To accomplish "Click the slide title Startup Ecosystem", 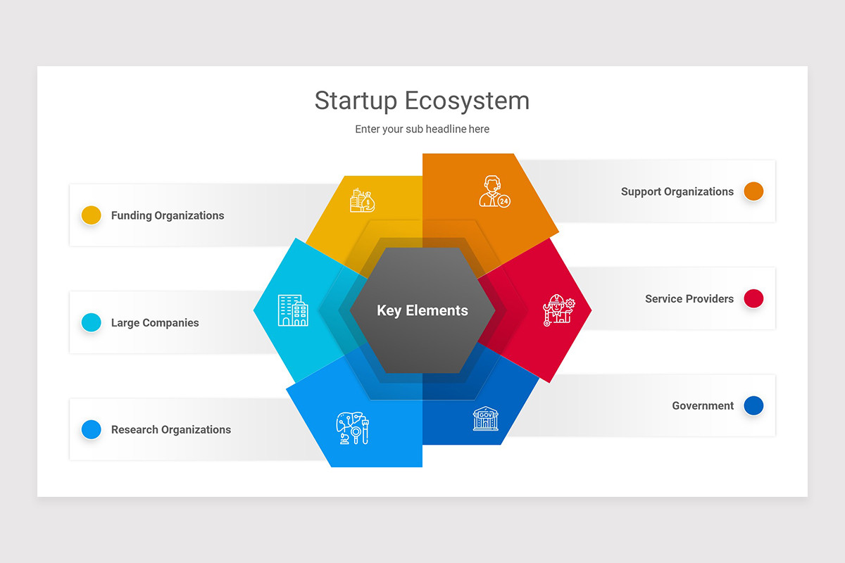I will pyautogui.click(x=422, y=101).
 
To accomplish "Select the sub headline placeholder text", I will pyautogui.click(x=422, y=129).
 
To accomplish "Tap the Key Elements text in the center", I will pyautogui.click(x=423, y=310).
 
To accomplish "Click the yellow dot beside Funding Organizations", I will pyautogui.click(x=92, y=215).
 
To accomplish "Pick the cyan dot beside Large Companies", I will pyautogui.click(x=92, y=322).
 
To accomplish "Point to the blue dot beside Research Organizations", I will pyautogui.click(x=92, y=429).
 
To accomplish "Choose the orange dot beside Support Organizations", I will pyautogui.click(x=753, y=191).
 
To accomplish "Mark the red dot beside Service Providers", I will pyautogui.click(x=753, y=298).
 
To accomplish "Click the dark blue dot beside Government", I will pyautogui.click(x=753, y=405).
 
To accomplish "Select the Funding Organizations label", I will pyautogui.click(x=168, y=215).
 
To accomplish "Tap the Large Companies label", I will pyautogui.click(x=155, y=323).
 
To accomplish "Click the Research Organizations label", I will pyautogui.click(x=171, y=430).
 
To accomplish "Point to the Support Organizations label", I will pyautogui.click(x=677, y=191).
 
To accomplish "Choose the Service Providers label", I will pyautogui.click(x=689, y=299).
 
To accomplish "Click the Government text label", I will pyautogui.click(x=703, y=406).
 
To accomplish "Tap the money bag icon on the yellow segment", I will pyautogui.click(x=363, y=200).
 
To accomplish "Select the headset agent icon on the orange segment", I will pyautogui.click(x=494, y=191).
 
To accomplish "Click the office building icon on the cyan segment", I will pyautogui.click(x=293, y=310).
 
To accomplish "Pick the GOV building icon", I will pyautogui.click(x=485, y=418).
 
